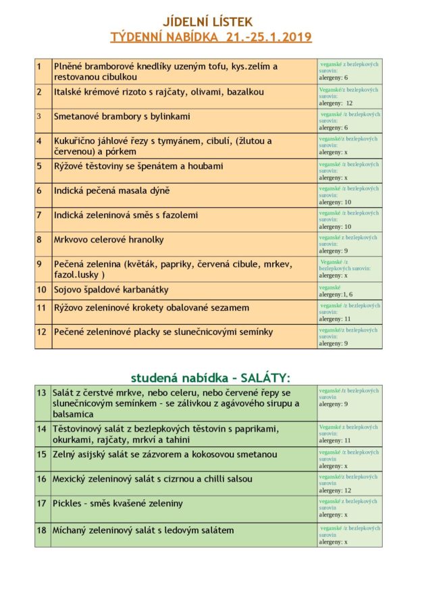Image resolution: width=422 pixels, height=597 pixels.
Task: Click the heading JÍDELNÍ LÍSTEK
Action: [211, 22]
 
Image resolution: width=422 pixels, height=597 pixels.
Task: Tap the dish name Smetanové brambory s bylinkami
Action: [122, 116]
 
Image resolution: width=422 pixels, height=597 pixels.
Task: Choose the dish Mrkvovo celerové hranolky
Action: [109, 240]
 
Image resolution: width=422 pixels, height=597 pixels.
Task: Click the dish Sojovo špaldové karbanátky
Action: [111, 290]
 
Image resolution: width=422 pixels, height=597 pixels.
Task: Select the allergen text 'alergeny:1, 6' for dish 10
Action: [336, 294]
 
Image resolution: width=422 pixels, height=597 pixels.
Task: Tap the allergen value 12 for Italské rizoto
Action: [349, 103]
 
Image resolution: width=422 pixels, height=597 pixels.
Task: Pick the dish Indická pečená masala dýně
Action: [112, 190]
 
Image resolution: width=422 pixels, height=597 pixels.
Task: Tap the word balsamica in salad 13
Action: [74, 414]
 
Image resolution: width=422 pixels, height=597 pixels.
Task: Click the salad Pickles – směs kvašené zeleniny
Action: [118, 503]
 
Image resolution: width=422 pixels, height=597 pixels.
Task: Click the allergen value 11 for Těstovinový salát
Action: [348, 440]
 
